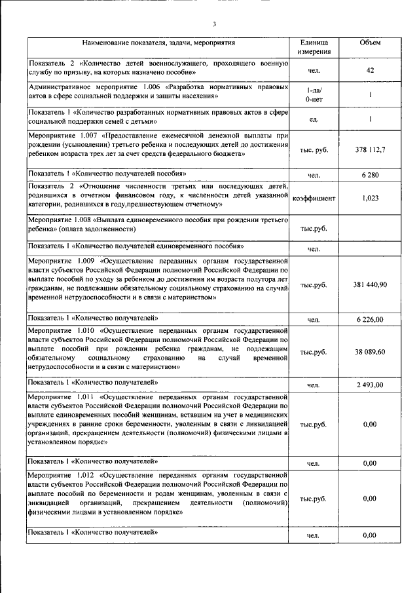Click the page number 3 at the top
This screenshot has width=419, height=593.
[214, 25]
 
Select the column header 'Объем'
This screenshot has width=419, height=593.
[370, 43]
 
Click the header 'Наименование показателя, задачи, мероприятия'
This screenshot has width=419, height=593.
[155, 43]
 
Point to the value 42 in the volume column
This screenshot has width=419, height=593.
[370, 69]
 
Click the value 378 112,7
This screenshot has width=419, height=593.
[370, 149]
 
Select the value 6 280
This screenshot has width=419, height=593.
[370, 176]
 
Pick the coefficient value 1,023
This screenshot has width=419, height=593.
[370, 197]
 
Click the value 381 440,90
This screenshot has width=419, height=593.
[370, 285]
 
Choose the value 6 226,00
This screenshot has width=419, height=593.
[370, 319]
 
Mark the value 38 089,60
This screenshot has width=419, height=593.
[370, 352]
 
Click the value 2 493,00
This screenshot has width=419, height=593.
[370, 385]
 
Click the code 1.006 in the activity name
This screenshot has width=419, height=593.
[151, 86]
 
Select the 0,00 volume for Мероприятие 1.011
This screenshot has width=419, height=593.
[370, 425]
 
